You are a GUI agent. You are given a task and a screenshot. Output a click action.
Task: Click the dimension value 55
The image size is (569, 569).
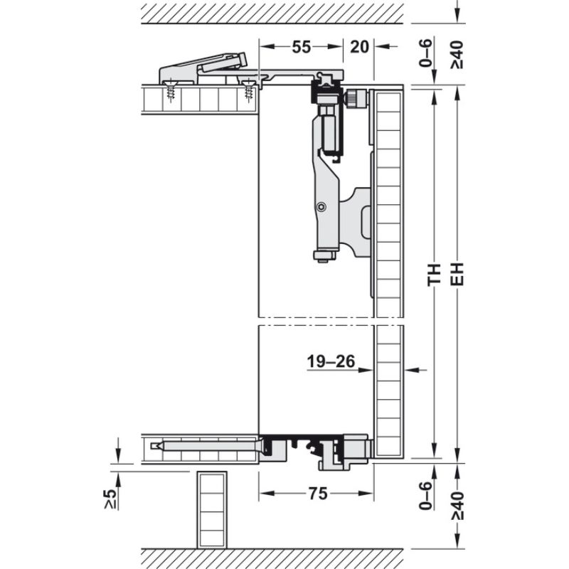(x=302, y=47)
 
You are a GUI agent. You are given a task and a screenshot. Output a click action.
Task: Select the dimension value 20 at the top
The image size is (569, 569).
(x=359, y=47)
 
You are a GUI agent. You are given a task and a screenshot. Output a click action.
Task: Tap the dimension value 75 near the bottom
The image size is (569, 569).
(x=318, y=494)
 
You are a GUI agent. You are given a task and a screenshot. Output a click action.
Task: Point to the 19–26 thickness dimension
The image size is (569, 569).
(x=331, y=361)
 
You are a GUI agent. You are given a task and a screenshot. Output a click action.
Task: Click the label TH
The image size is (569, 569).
(x=435, y=275)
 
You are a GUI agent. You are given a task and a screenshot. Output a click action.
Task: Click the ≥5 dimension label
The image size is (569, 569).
(x=111, y=499)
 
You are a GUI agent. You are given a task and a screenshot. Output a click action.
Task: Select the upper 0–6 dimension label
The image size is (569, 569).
(x=426, y=53)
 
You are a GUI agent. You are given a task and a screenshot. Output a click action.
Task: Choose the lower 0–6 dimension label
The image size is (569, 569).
(x=426, y=496)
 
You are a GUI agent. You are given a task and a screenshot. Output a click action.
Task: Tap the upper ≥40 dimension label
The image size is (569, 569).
(x=457, y=55)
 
